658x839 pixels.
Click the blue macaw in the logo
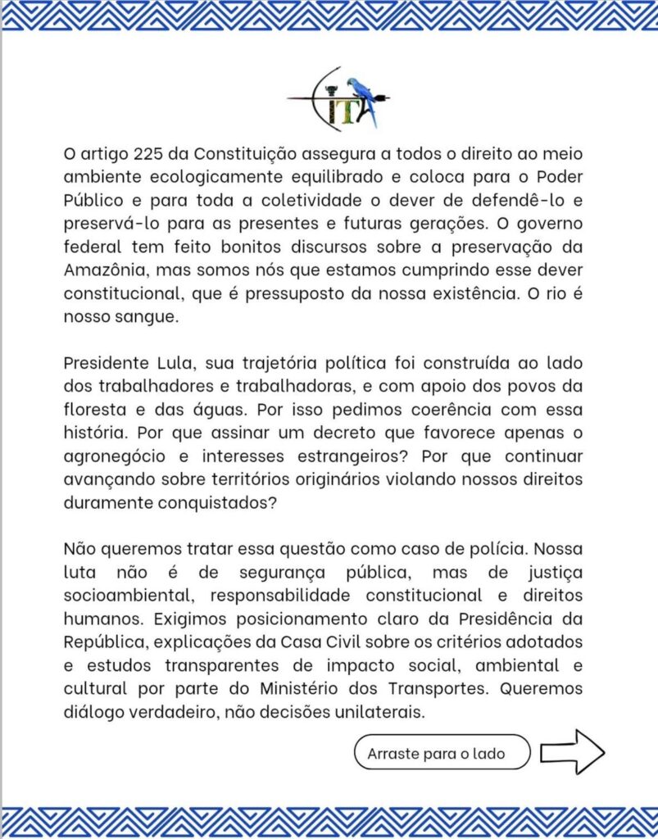(x=363, y=98)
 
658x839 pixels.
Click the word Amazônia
(x=104, y=272)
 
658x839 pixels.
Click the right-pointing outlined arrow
(x=572, y=751)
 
